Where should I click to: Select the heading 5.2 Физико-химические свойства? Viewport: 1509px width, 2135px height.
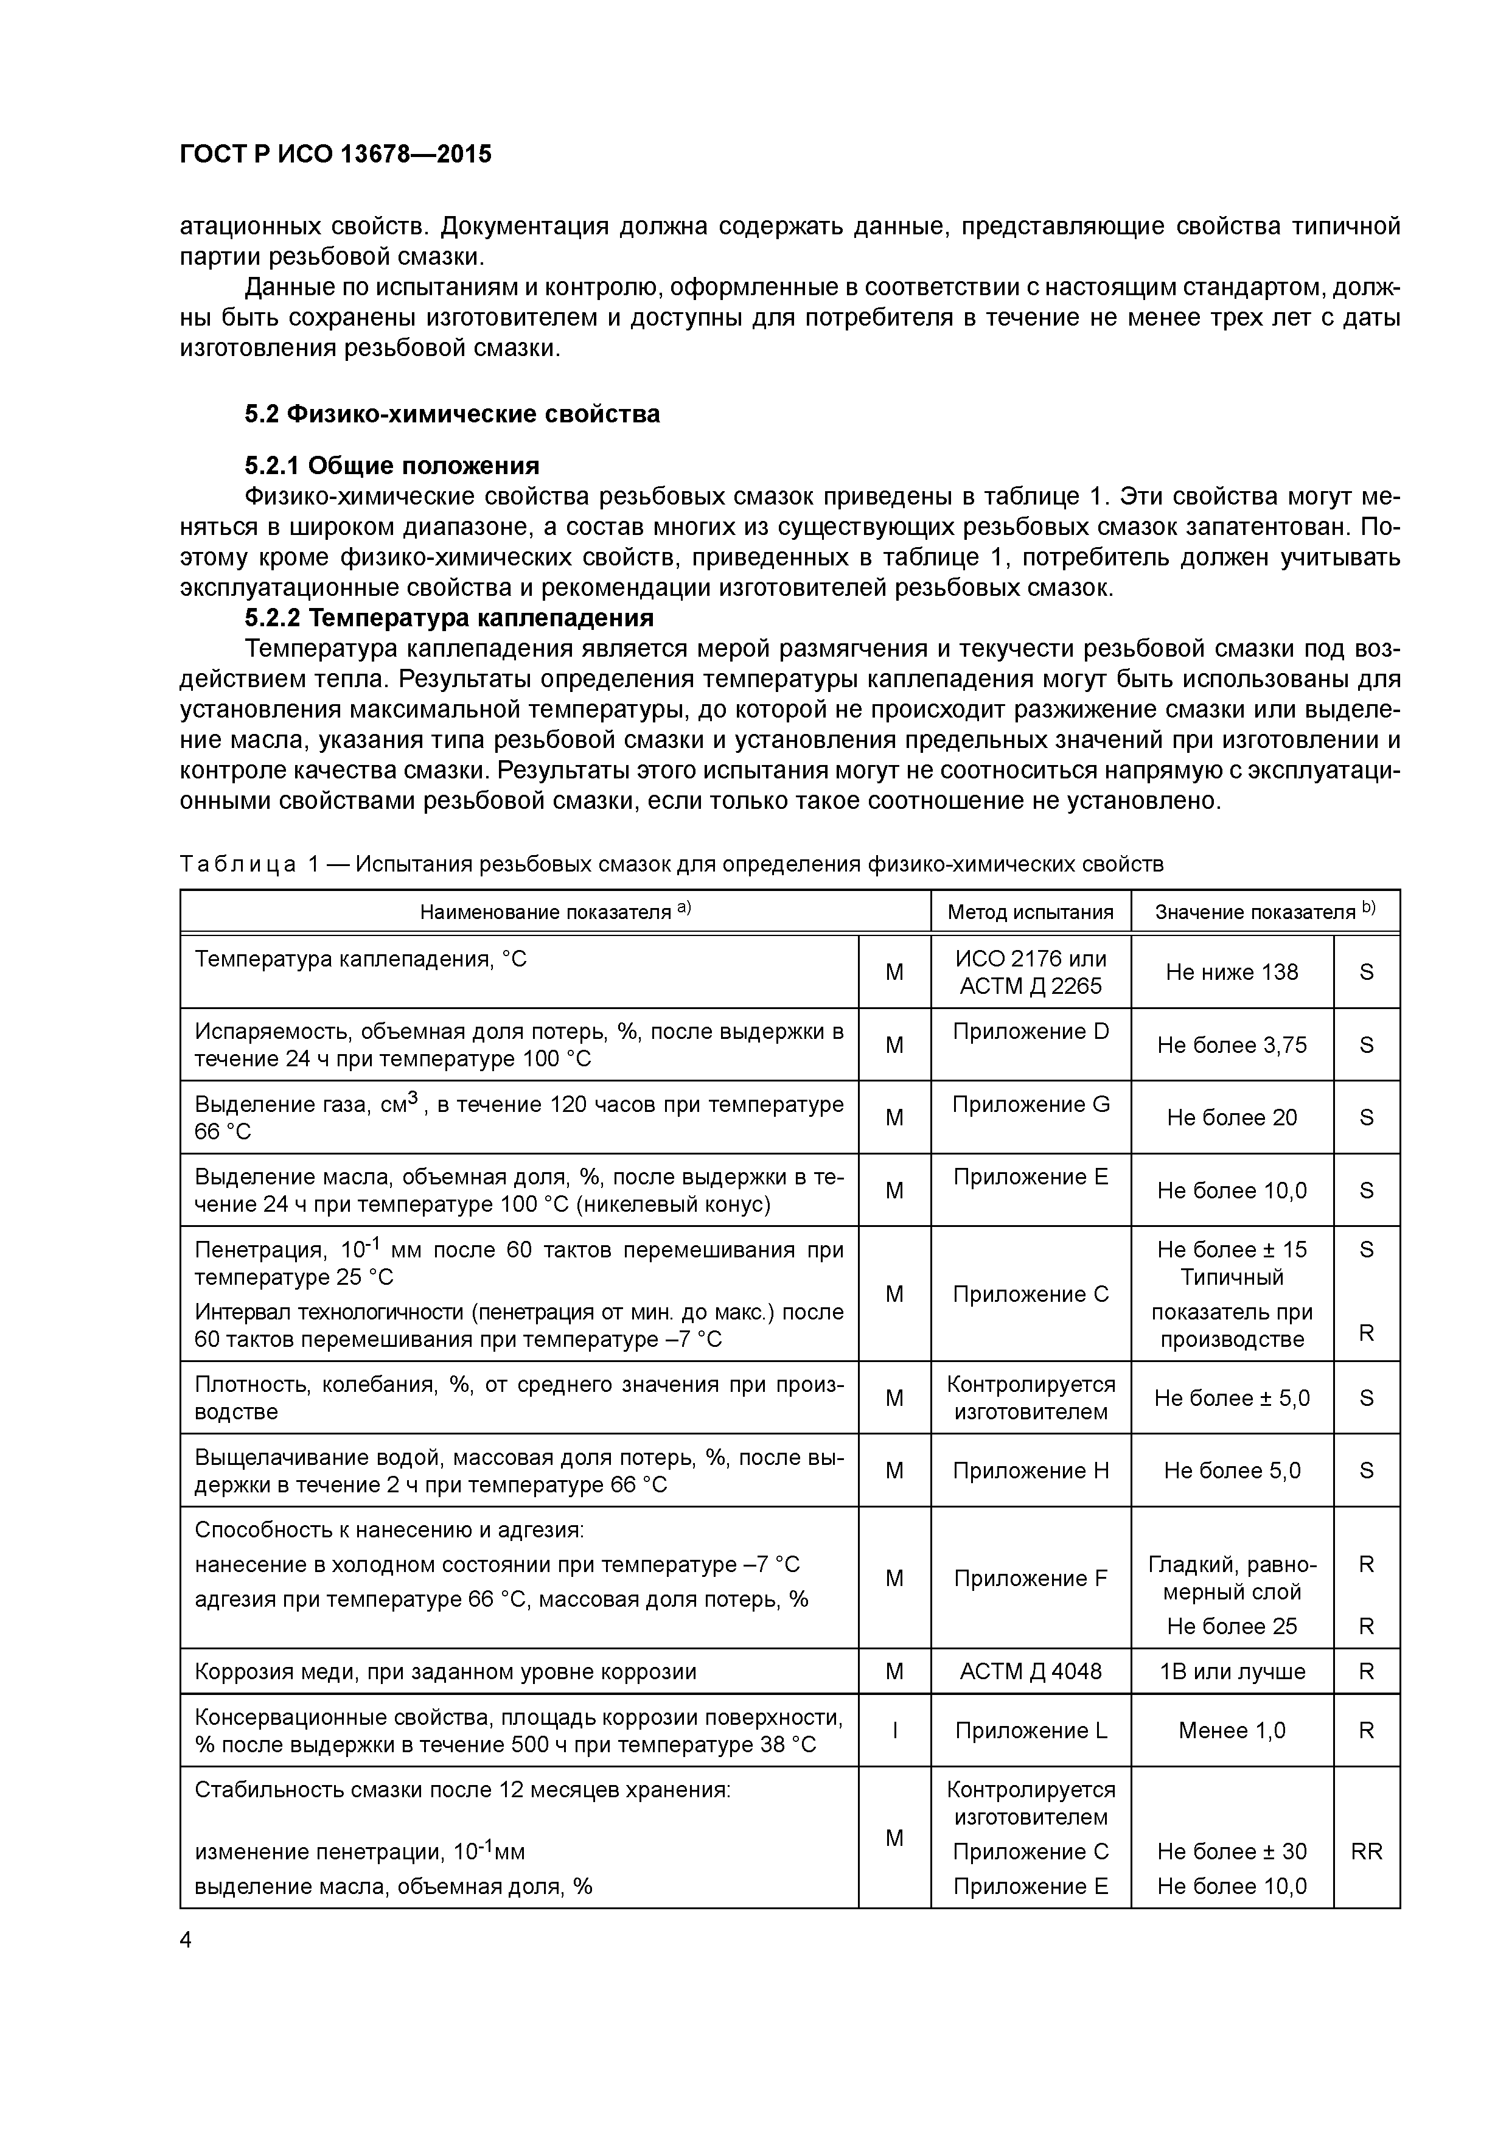click(x=452, y=414)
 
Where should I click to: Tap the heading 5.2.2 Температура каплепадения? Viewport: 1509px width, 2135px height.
click(x=449, y=618)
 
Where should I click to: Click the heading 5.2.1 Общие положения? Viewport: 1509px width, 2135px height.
click(x=391, y=465)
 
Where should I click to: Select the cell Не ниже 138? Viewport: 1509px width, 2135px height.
click(x=1232, y=972)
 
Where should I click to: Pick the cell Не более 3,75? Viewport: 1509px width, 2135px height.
click(x=1232, y=1045)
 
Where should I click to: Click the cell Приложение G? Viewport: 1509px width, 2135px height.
click(x=1030, y=1104)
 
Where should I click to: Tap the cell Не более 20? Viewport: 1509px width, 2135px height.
click(x=1232, y=1118)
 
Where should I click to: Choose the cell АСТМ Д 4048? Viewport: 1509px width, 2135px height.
click(x=1030, y=1672)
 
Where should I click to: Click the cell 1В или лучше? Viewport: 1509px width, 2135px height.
click(x=1232, y=1672)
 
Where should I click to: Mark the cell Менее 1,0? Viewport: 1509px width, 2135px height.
click(x=1232, y=1730)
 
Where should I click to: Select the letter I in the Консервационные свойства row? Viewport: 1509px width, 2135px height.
click(x=894, y=1730)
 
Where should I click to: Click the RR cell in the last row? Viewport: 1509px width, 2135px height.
click(x=1366, y=1851)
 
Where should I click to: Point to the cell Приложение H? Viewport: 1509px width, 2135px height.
click(x=1030, y=1470)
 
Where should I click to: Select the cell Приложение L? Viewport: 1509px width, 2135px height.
click(x=1030, y=1730)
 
